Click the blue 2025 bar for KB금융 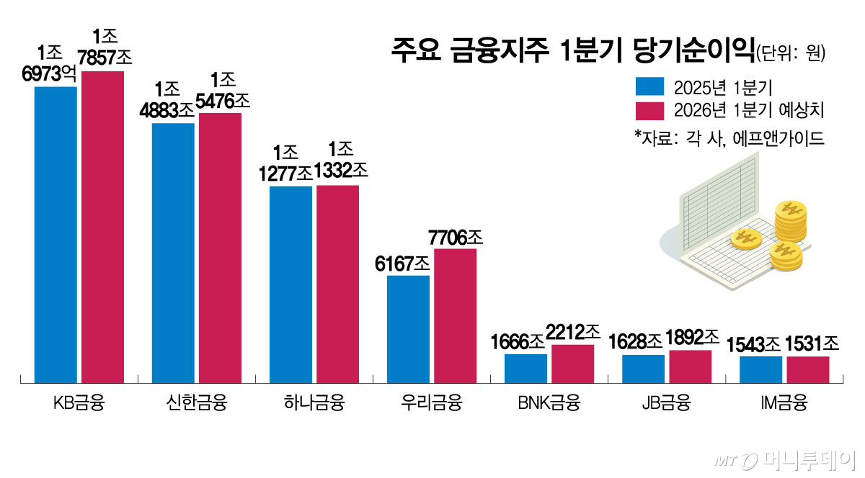[x=56, y=234]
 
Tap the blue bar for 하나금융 [x=290, y=284]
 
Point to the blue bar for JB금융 [x=643, y=368]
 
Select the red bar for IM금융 [x=807, y=369]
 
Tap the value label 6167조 [x=407, y=263]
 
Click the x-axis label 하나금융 [x=314, y=402]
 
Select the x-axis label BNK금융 [x=549, y=402]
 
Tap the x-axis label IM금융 [x=784, y=402]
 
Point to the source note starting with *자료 [x=729, y=137]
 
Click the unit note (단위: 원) [x=791, y=54]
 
